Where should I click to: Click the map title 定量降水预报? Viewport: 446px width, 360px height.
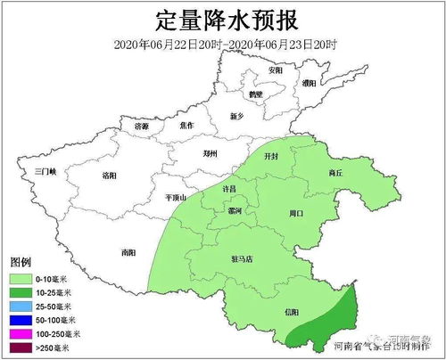click(x=223, y=20)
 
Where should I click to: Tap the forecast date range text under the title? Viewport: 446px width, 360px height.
click(x=223, y=45)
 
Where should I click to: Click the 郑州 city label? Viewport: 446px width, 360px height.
click(x=210, y=153)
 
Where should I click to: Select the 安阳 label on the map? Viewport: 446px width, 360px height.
click(x=275, y=70)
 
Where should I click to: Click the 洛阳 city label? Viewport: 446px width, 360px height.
click(x=111, y=176)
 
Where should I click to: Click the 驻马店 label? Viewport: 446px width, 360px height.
click(x=242, y=259)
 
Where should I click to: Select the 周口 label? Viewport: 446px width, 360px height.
click(x=298, y=213)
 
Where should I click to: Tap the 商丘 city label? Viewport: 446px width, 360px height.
click(x=335, y=172)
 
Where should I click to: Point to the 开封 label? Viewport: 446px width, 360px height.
click(x=271, y=155)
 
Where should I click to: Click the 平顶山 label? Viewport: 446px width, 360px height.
click(x=175, y=197)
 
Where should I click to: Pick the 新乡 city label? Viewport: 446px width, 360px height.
click(x=236, y=116)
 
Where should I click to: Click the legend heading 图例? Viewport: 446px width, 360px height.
click(x=21, y=265)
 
